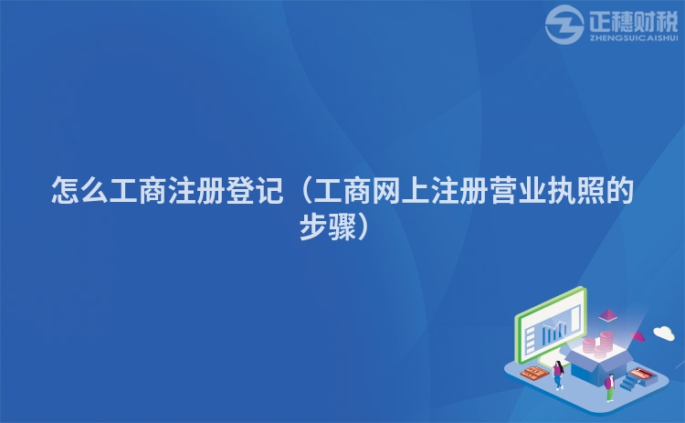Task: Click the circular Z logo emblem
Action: pyautogui.click(x=564, y=26)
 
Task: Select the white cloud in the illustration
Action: pyautogui.click(x=663, y=333)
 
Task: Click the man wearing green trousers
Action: pyautogui.click(x=609, y=385)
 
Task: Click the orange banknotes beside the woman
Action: pyautogui.click(x=533, y=374)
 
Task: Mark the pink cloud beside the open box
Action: pyautogui.click(x=638, y=336)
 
